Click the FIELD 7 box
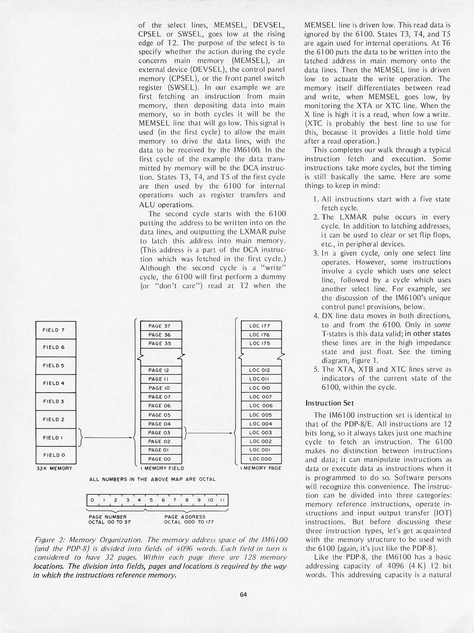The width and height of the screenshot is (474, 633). (x=56, y=330)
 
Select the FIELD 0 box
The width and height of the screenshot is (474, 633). (x=56, y=455)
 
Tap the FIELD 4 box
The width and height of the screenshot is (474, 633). (x=56, y=383)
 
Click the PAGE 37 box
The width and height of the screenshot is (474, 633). (x=161, y=326)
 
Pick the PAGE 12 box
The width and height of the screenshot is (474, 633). (x=161, y=370)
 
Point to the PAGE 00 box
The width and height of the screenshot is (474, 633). (x=161, y=459)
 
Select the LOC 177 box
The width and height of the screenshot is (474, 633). (x=261, y=326)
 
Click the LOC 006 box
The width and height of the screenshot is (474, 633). (x=261, y=406)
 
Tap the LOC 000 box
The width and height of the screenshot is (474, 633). (x=261, y=459)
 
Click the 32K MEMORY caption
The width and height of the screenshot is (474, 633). (x=54, y=468)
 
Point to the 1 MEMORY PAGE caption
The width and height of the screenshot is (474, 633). (x=261, y=468)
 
